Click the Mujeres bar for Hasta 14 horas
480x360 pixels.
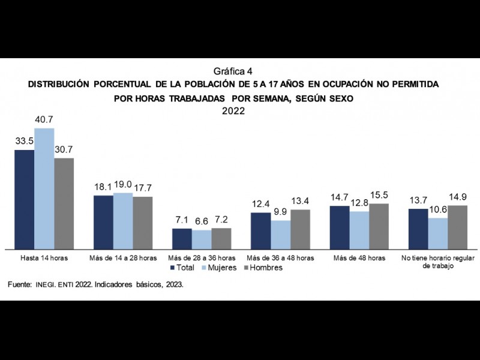(44, 189)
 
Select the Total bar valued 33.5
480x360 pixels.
(25, 199)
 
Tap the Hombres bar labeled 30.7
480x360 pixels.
(64, 203)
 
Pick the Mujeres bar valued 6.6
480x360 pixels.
(202, 239)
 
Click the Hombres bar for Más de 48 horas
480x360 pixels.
(379, 226)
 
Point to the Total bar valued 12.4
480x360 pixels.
(261, 230)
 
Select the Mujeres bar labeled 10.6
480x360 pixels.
(438, 233)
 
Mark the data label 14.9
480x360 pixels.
(458, 198)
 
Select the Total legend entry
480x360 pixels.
(185, 268)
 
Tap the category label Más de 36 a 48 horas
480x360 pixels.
(280, 258)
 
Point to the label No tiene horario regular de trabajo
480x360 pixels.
(438, 262)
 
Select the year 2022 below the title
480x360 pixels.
(233, 111)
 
